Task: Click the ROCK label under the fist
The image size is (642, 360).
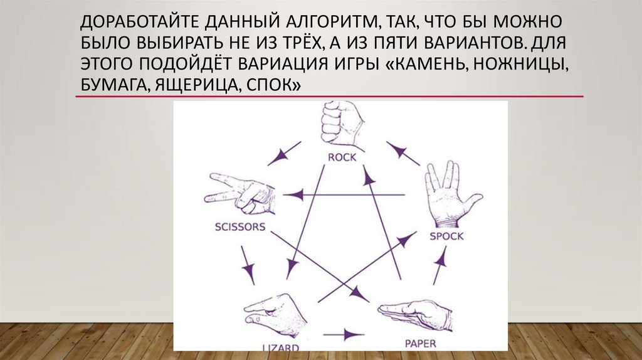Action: tap(342, 157)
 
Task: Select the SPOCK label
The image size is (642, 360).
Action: tap(446, 236)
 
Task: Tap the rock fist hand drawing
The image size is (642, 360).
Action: tap(342, 124)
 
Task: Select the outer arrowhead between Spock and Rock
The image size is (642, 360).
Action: tap(397, 150)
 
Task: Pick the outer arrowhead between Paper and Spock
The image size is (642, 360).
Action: tap(441, 257)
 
